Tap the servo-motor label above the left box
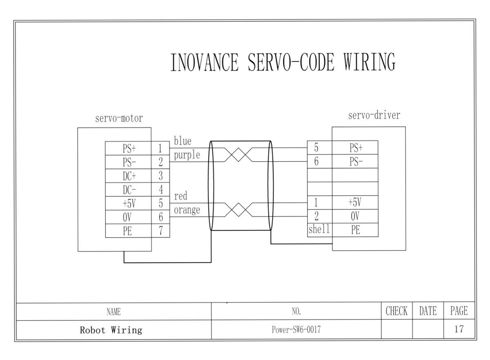point(119,119)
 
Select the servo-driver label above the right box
point(374,116)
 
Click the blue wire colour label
point(183,141)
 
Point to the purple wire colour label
point(187,155)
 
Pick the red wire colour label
point(180,196)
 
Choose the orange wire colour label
point(187,210)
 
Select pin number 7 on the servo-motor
point(161,231)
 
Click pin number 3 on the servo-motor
point(161,176)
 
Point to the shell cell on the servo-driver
point(319,229)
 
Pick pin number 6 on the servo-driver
point(316,162)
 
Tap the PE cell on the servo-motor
point(127,231)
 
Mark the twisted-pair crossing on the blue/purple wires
point(238,155)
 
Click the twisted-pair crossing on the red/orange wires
point(238,210)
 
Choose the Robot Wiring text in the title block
point(111,330)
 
